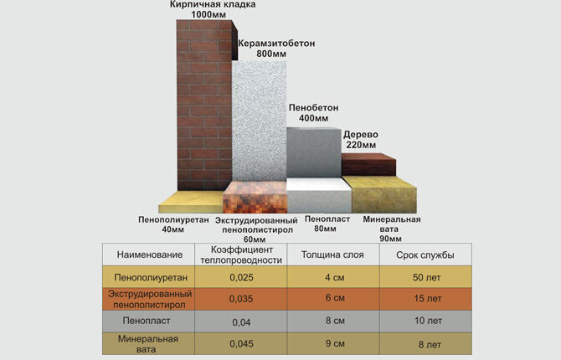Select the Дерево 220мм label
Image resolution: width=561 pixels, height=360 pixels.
(361, 140)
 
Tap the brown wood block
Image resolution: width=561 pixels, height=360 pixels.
(369, 164)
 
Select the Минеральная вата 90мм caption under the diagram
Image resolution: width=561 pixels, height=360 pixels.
(392, 229)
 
